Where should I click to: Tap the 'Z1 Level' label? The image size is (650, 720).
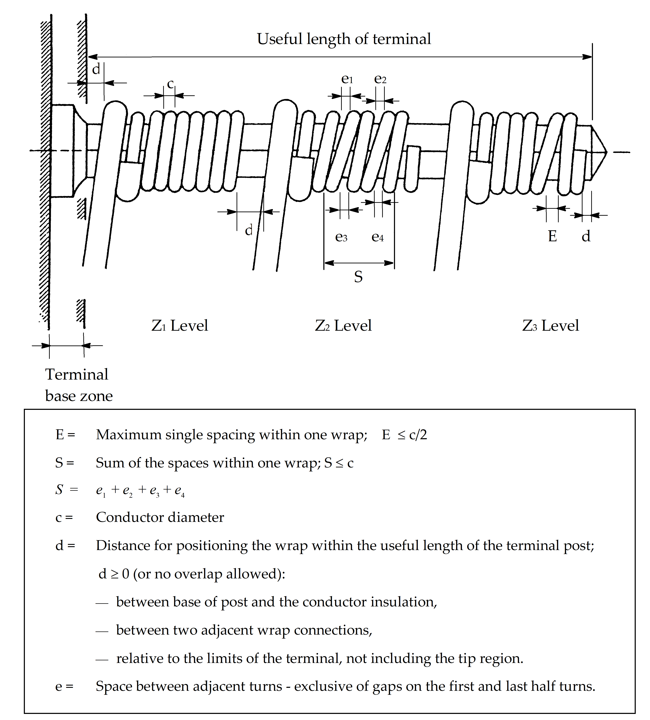(180, 326)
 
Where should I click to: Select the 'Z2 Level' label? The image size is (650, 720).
(343, 326)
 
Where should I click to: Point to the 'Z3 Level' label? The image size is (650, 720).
(550, 326)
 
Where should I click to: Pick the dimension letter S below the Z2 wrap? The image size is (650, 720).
(358, 277)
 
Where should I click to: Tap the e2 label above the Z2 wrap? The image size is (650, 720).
(380, 79)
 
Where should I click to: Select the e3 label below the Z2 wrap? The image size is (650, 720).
(341, 237)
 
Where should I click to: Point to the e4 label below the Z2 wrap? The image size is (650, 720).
(377, 237)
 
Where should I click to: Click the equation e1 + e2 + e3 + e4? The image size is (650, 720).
(140, 490)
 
